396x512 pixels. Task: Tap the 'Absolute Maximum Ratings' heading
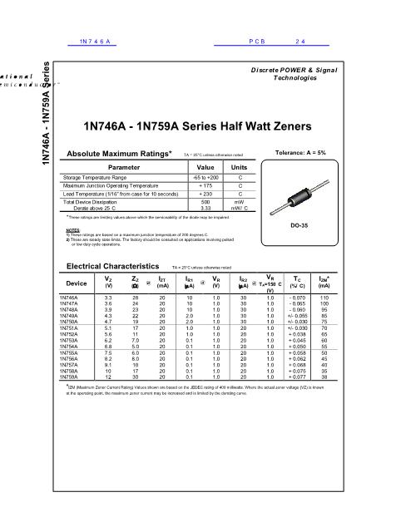tap(124, 154)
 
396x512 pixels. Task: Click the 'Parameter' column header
tap(124, 167)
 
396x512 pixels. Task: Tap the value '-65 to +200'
tap(205, 178)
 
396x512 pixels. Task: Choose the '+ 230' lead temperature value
tap(205, 193)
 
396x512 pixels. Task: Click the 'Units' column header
tap(240, 167)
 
